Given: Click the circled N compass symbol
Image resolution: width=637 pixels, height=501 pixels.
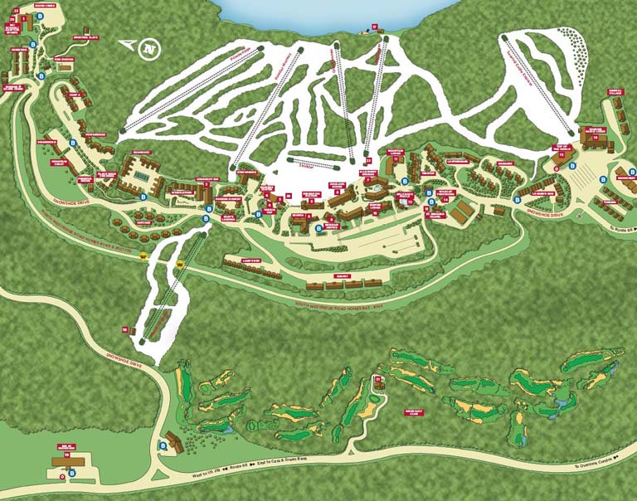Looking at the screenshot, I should tap(149, 49).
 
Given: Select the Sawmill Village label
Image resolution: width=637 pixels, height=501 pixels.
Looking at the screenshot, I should tap(615, 92).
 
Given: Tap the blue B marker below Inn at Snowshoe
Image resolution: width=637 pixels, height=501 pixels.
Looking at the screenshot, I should tap(72, 473).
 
